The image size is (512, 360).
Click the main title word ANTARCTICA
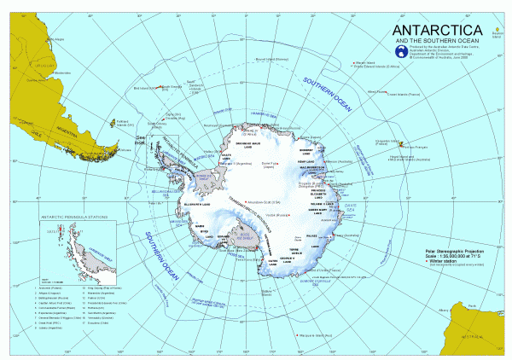coord(381,31)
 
